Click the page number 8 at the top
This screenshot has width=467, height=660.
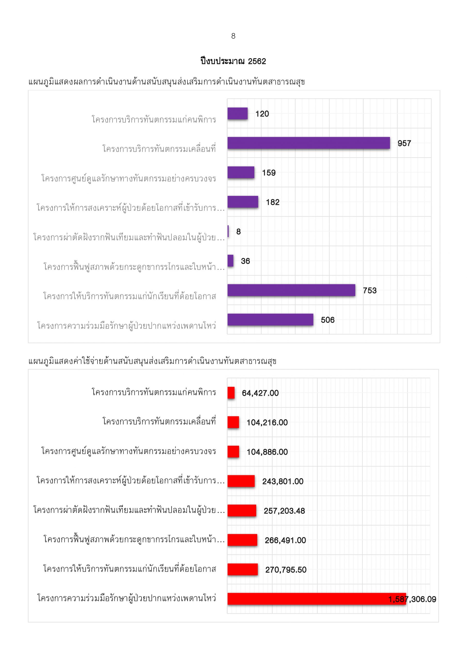click(x=233, y=36)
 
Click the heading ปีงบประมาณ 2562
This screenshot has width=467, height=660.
click(x=233, y=61)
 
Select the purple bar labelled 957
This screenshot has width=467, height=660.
click(x=309, y=143)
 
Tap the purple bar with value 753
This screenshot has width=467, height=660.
click(x=291, y=290)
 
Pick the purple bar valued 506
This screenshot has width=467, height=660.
click(x=270, y=320)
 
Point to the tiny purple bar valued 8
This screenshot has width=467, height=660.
click(x=228, y=231)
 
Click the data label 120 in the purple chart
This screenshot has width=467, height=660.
click(x=262, y=114)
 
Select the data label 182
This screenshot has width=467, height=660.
click(x=273, y=202)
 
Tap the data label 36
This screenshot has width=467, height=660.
click(x=245, y=261)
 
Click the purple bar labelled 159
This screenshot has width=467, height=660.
click(x=241, y=172)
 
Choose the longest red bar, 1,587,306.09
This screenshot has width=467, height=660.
click(x=317, y=599)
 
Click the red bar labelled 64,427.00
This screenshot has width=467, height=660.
click(x=231, y=393)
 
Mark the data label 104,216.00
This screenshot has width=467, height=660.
click(x=267, y=422)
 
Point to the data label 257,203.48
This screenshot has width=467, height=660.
click(x=284, y=511)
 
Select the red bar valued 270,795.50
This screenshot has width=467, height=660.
click(x=243, y=570)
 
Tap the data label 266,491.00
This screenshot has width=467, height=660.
click(x=285, y=540)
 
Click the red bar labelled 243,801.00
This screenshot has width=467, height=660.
click(x=241, y=481)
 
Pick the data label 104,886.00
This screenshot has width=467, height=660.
click(x=267, y=452)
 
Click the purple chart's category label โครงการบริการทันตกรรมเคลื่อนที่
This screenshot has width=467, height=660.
click(x=159, y=148)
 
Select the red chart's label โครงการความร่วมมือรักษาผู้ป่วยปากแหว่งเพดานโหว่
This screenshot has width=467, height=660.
click(x=127, y=598)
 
